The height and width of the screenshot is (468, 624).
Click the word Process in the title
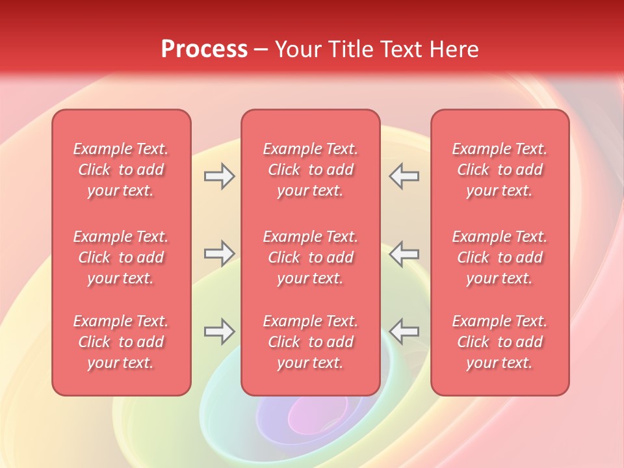pyautogui.click(x=204, y=49)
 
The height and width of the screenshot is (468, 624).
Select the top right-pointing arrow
pyautogui.click(x=220, y=176)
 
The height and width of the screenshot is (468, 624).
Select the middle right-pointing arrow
pyautogui.click(x=220, y=253)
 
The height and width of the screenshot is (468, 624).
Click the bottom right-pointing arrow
pyautogui.click(x=220, y=331)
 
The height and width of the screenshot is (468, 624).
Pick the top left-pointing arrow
pyautogui.click(x=404, y=176)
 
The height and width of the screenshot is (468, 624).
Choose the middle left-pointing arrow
pyautogui.click(x=404, y=253)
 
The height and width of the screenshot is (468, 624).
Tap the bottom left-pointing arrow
pyautogui.click(x=404, y=331)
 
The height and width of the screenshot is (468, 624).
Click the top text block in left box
pyautogui.click(x=121, y=170)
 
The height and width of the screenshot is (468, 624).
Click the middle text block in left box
pyautogui.click(x=121, y=257)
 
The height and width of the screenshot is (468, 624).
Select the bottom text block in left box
pyautogui.click(x=121, y=342)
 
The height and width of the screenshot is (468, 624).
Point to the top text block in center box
pyautogui.click(x=310, y=170)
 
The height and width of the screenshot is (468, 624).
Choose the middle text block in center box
pyautogui.click(x=310, y=257)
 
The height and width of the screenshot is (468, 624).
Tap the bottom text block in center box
pyautogui.click(x=310, y=342)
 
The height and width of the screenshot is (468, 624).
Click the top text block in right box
pyautogui.click(x=499, y=170)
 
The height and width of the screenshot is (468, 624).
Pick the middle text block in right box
pyautogui.click(x=499, y=257)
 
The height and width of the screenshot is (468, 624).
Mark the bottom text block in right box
pyautogui.click(x=499, y=342)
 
